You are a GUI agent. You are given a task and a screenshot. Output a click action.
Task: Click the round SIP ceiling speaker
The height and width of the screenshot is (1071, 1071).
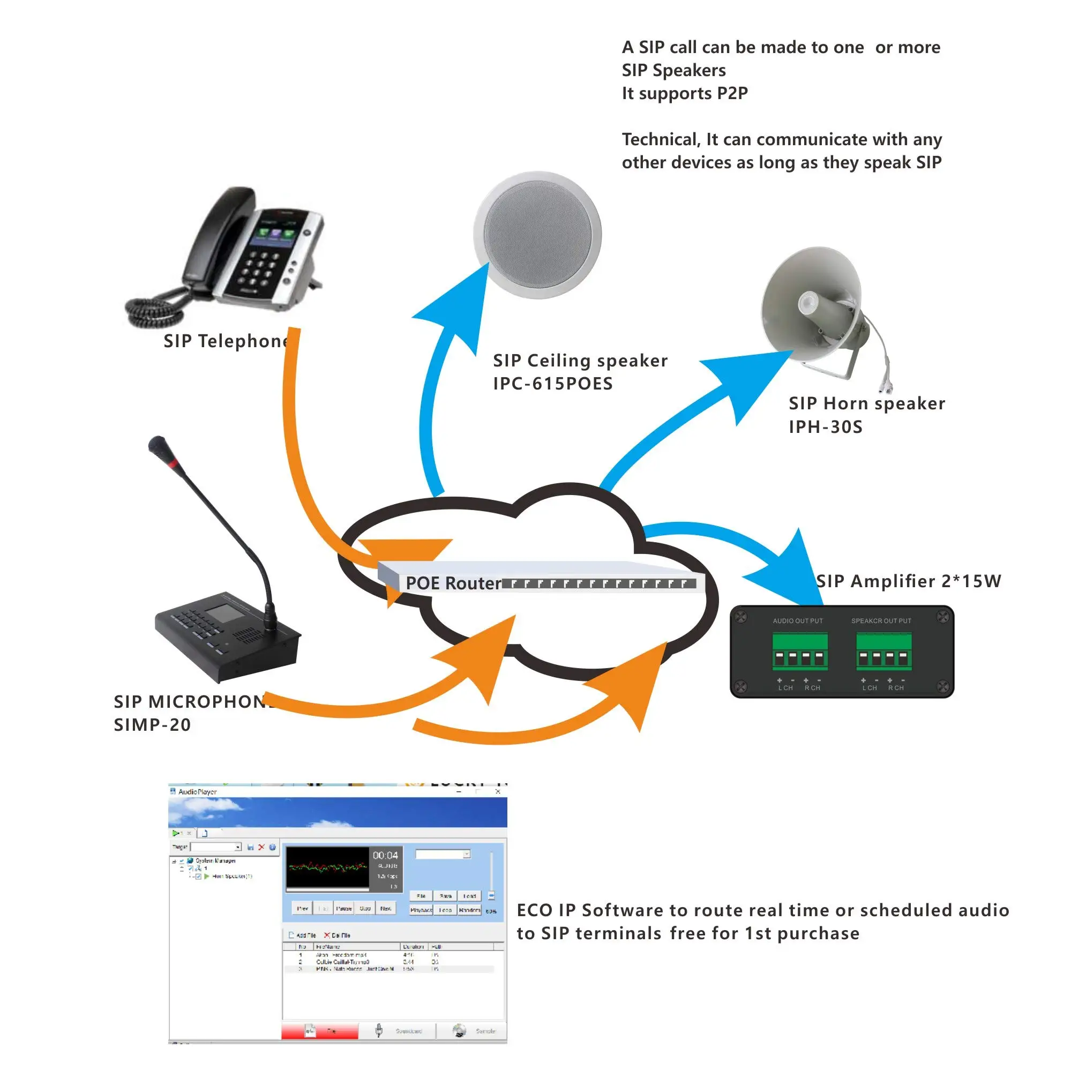537,235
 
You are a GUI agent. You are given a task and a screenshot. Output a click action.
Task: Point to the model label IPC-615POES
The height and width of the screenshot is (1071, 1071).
553,384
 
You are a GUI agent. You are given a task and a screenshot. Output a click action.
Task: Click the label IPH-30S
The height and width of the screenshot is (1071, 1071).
826,427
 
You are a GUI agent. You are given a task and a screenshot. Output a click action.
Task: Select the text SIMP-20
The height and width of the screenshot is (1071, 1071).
153,724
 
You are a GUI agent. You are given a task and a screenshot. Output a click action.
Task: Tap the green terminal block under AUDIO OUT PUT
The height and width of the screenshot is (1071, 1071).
800,652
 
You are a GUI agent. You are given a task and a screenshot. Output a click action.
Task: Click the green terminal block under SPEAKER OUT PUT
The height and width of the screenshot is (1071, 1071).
883,652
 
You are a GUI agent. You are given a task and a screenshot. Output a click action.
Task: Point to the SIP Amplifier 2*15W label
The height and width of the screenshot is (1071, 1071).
909,581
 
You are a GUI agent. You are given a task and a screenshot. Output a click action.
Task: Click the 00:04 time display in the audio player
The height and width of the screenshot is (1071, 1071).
385,856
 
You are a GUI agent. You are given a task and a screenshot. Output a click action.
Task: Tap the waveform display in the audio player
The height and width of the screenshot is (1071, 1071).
327,867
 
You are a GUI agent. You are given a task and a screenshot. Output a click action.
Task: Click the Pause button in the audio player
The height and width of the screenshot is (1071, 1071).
344,909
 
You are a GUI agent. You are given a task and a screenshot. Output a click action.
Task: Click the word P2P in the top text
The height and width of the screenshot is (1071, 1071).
732,93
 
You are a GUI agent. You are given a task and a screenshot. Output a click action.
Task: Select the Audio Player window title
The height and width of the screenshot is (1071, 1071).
197,792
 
